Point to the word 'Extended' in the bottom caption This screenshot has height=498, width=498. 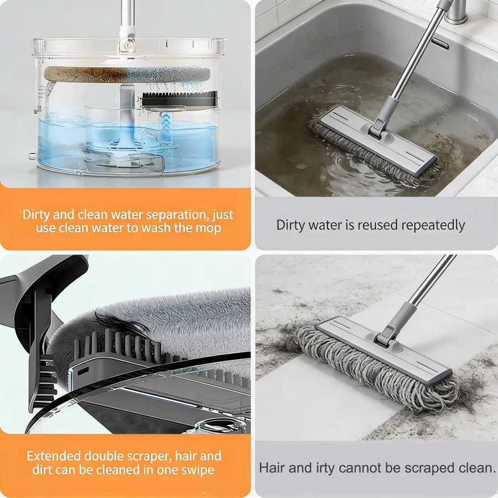pyautogui.click(x=54, y=456)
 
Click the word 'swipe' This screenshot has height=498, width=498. pyautogui.click(x=198, y=470)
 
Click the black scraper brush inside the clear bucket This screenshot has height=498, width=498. pyautogui.click(x=180, y=99)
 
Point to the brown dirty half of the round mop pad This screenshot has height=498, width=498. pyautogui.click(x=86, y=74)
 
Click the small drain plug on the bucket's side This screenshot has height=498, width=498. pyautogui.click(x=32, y=156)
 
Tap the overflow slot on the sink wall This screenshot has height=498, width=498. pyautogui.click(x=440, y=44)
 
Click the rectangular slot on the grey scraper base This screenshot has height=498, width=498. pyautogui.click(x=83, y=371)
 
